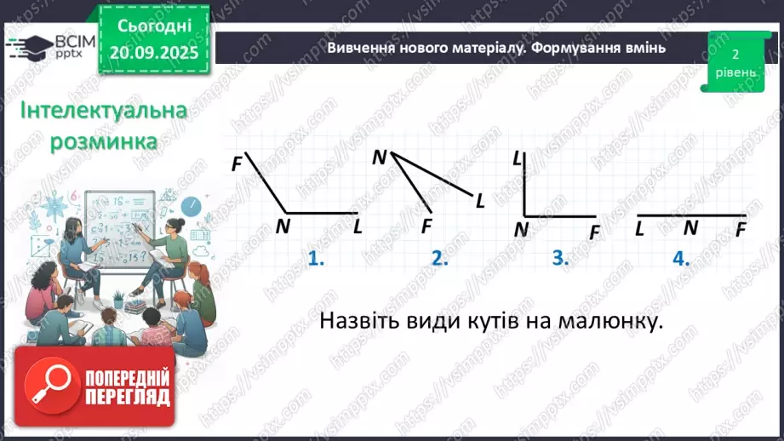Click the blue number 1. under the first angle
pyautogui.click(x=317, y=259)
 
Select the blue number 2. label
pyautogui.click(x=439, y=259)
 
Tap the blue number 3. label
pyautogui.click(x=559, y=259)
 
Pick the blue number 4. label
pyautogui.click(x=680, y=259)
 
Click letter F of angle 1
pyautogui.click(x=237, y=163)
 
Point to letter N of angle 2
pyautogui.click(x=380, y=157)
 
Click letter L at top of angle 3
pyautogui.click(x=518, y=158)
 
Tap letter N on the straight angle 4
pyautogui.click(x=690, y=228)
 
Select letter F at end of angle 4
pyautogui.click(x=741, y=229)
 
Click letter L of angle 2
pyautogui.click(x=480, y=200)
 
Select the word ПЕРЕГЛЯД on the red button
pyautogui.click(x=127, y=398)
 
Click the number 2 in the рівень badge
pyautogui.click(x=734, y=54)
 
